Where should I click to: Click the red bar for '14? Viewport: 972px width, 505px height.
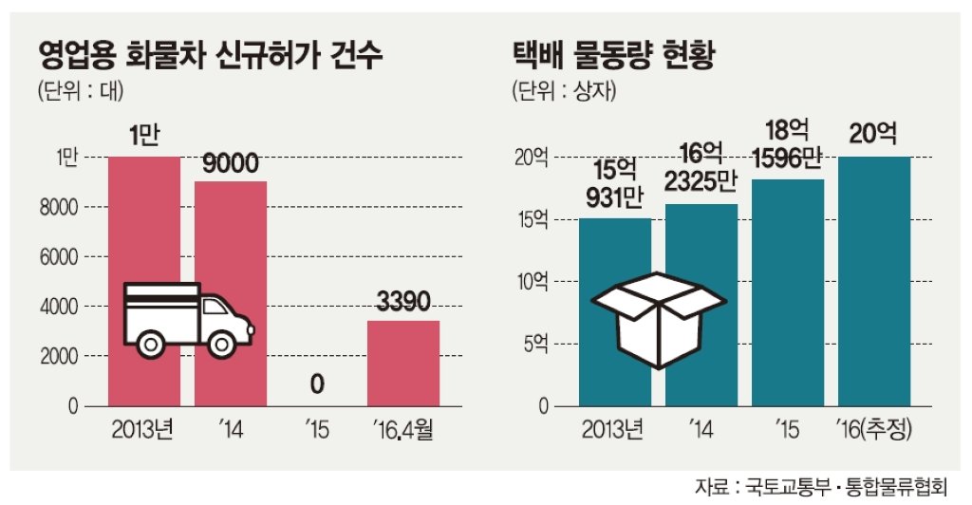click(231, 293)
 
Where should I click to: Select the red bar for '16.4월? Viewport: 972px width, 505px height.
click(403, 364)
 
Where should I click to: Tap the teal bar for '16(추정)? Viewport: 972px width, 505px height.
click(874, 281)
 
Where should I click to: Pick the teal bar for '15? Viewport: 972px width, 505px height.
click(788, 292)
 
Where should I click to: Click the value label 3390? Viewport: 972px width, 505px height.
click(403, 302)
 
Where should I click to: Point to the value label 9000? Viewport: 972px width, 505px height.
click(231, 163)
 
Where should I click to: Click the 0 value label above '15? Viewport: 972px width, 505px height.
click(317, 384)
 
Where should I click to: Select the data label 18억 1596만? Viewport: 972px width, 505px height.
click(787, 144)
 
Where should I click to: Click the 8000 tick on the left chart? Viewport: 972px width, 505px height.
click(59, 207)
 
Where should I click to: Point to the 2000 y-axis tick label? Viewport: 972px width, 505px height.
click(60, 356)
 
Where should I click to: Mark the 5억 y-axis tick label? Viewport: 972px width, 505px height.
click(536, 344)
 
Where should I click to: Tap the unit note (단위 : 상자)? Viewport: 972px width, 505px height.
click(564, 92)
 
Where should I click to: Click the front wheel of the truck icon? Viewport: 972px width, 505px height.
click(222, 344)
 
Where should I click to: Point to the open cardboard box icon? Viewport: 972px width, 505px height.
click(658, 320)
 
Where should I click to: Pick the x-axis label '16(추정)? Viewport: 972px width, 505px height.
click(873, 429)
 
